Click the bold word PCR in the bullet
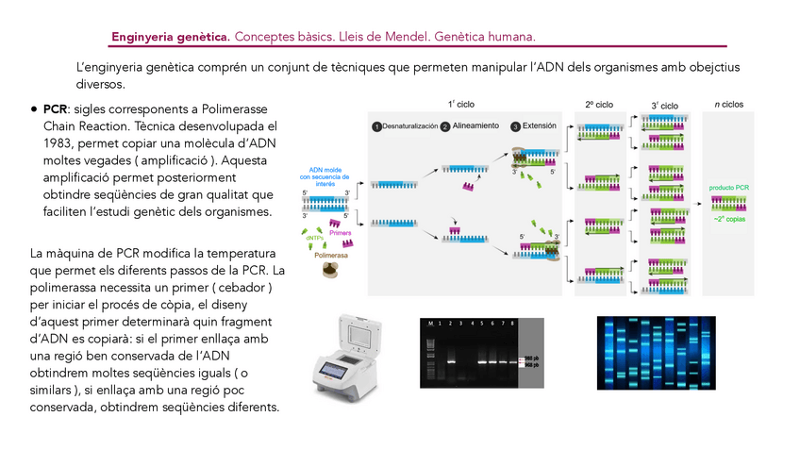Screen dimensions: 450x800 click(x=56, y=108)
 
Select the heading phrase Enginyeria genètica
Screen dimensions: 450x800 click(x=171, y=37)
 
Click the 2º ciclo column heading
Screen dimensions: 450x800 click(x=599, y=105)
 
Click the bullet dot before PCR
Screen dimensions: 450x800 click(x=35, y=109)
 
